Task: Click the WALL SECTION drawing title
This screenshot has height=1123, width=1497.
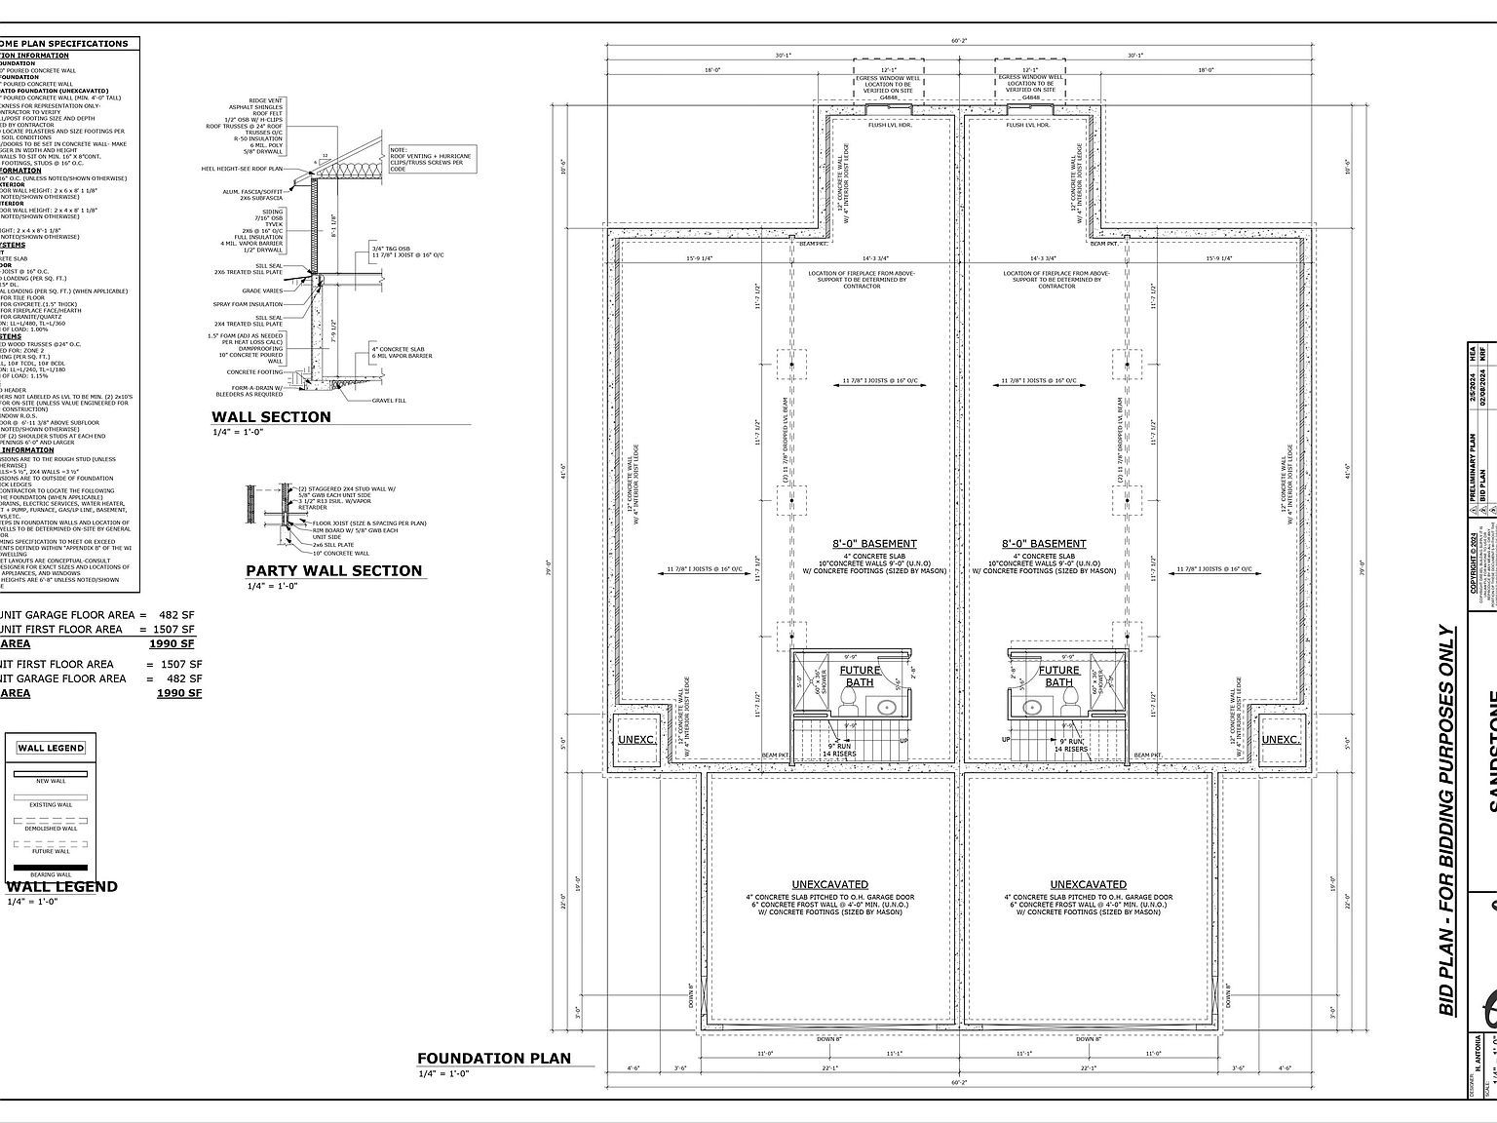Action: [271, 417]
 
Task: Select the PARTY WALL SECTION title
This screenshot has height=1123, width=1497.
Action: [333, 570]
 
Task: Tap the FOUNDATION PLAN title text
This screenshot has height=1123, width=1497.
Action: [493, 1058]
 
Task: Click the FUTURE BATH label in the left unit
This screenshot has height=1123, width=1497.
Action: [860, 676]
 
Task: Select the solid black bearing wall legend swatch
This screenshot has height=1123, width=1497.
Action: [51, 868]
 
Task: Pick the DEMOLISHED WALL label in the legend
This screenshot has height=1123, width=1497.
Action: [51, 829]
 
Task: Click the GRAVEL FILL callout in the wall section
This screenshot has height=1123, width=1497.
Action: [389, 401]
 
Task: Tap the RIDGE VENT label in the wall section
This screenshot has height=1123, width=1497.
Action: [266, 100]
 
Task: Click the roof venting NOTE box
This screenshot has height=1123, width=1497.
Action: [430, 158]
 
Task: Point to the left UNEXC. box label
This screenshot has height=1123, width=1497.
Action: [636, 739]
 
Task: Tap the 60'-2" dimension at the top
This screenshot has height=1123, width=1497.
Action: [959, 41]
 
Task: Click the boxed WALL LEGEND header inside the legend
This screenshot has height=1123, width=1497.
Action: [51, 749]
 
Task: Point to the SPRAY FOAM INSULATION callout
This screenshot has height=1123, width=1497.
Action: [248, 304]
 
